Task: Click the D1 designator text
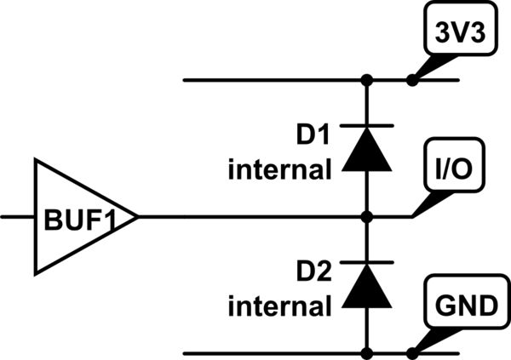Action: pyautogui.click(x=312, y=135)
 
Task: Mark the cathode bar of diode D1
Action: pyautogui.click(x=368, y=126)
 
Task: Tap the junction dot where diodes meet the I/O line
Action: pyautogui.click(x=368, y=217)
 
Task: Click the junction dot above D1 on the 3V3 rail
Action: pyautogui.click(x=368, y=81)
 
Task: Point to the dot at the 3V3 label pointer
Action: pyautogui.click(x=412, y=81)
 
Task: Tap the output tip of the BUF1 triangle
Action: pyautogui.click(x=137, y=217)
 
